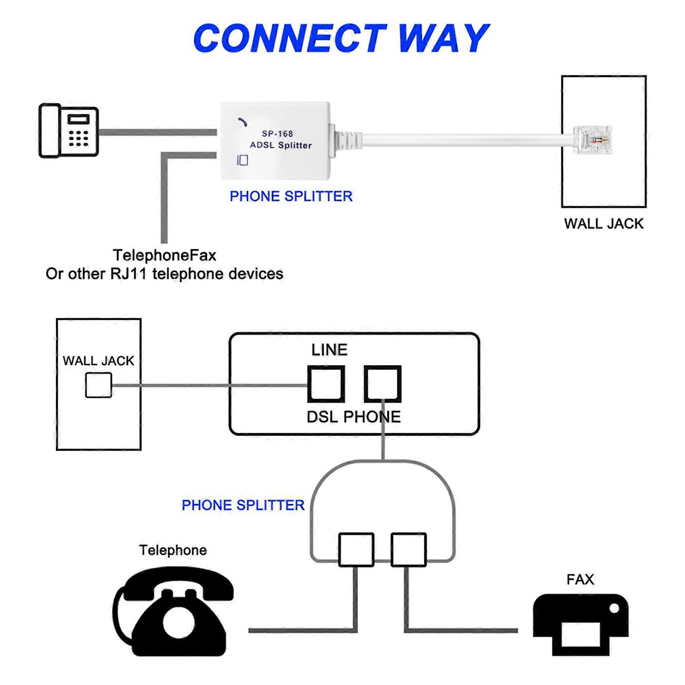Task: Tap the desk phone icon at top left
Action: point(68,131)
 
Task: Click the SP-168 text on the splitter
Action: point(277,134)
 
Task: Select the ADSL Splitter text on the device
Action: point(280,145)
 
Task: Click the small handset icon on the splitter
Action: point(242,122)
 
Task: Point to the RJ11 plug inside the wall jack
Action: point(593,140)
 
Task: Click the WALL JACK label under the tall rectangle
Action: point(603,224)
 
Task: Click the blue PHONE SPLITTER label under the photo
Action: point(291,196)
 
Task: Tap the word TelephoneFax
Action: point(164,255)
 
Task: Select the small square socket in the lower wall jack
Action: point(99,385)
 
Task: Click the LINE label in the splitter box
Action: point(329,350)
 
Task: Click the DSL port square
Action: point(326,384)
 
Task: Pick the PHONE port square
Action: point(382,384)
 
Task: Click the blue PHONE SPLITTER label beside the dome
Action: point(243,505)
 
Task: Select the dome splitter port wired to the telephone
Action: point(356,550)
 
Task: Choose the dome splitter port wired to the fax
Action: point(409,550)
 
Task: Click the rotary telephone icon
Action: point(173,612)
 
